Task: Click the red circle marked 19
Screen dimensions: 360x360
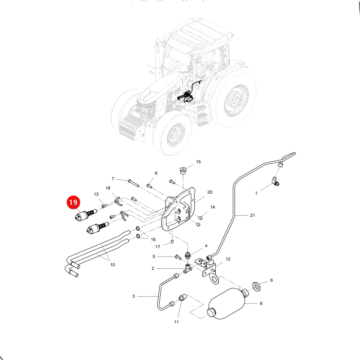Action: point(73,202)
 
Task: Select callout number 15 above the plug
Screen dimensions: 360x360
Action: point(198,162)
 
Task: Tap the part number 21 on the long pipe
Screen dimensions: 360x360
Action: point(252,215)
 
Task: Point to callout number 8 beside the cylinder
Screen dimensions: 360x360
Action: point(261,303)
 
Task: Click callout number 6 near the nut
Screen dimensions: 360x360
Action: point(271,280)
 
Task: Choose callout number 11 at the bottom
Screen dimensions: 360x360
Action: point(176,322)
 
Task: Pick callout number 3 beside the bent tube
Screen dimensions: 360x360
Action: point(133,296)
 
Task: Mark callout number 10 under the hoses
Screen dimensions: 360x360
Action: point(112,265)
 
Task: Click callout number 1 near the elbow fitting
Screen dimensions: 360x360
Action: point(256,193)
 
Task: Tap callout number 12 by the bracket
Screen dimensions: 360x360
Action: point(228,259)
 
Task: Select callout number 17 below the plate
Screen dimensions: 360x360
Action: point(158,247)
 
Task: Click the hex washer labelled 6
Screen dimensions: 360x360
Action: point(256,286)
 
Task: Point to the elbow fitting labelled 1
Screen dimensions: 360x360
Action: point(276,181)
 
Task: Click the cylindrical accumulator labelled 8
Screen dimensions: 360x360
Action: point(227,303)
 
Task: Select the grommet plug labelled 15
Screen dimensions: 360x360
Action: point(182,171)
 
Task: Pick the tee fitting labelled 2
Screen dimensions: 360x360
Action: point(187,268)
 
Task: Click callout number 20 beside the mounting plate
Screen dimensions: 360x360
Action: point(210,192)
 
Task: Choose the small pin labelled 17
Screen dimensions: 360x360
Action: point(173,242)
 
